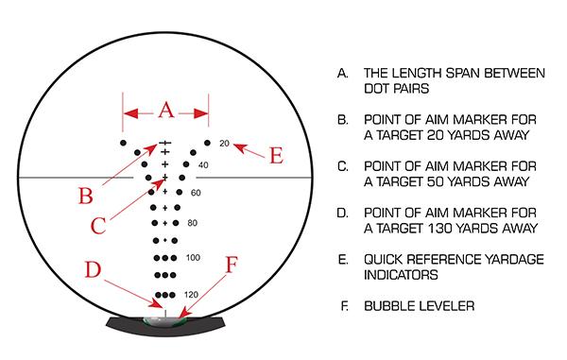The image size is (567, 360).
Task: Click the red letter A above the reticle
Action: click(165, 111)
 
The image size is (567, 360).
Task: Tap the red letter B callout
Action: click(85, 197)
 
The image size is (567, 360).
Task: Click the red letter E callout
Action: click(276, 156)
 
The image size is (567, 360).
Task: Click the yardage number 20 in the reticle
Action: click(224, 144)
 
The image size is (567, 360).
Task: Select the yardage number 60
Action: click(196, 193)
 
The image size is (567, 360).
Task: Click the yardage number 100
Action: click(194, 258)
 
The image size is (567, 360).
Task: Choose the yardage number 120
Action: click(192, 295)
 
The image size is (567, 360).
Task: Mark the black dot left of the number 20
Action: click(207, 144)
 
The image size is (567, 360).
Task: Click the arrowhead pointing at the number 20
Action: click(236, 145)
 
